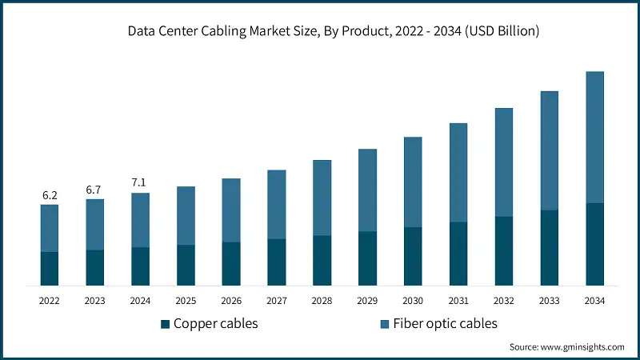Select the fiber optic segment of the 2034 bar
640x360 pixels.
(x=594, y=137)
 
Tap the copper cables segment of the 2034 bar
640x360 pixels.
(x=594, y=244)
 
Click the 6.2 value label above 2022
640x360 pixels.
(x=50, y=194)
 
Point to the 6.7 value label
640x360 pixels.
(x=95, y=189)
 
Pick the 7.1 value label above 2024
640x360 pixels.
(x=140, y=183)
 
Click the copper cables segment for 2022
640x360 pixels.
(x=50, y=269)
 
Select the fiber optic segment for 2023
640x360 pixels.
(x=95, y=225)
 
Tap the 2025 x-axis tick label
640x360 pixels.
(x=186, y=301)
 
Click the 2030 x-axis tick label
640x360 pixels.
(x=413, y=301)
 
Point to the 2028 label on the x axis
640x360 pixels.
(x=322, y=301)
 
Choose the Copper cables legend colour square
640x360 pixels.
(x=166, y=324)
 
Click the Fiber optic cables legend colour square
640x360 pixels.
(x=384, y=324)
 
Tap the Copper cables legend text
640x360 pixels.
(x=215, y=323)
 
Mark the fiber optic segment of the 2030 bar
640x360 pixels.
(x=413, y=182)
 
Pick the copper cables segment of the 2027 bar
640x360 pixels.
(x=276, y=262)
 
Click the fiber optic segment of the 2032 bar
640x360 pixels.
(x=503, y=162)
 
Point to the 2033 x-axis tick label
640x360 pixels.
(x=549, y=301)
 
